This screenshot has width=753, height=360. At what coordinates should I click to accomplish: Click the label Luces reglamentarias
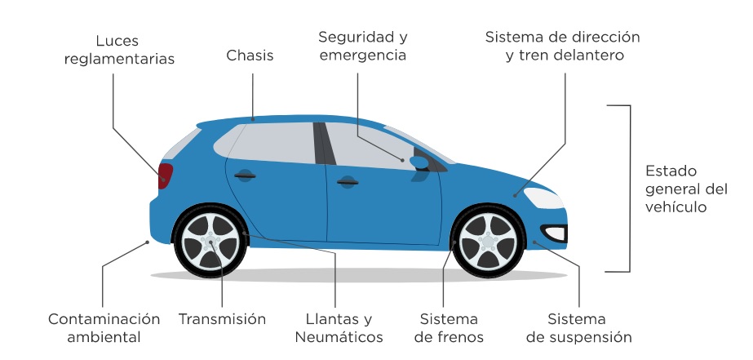click(x=135, y=49)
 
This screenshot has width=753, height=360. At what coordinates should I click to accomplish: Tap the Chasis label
click(x=250, y=56)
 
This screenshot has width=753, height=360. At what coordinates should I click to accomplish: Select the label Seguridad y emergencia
click(x=363, y=47)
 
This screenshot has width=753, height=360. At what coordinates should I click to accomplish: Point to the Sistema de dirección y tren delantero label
click(x=562, y=47)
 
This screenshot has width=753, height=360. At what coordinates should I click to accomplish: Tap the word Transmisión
click(x=222, y=319)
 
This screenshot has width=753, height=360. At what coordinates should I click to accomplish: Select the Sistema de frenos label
click(x=449, y=327)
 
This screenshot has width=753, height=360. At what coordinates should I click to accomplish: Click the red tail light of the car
click(x=165, y=176)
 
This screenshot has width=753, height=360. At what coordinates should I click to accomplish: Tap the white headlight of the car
click(x=543, y=198)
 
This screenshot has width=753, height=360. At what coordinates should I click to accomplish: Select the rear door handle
click(x=244, y=176)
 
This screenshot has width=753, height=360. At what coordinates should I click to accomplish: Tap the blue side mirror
click(x=419, y=162)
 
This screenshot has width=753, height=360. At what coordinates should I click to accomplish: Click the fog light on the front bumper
click(x=555, y=233)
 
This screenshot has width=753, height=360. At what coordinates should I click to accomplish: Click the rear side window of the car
click(x=265, y=144)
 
